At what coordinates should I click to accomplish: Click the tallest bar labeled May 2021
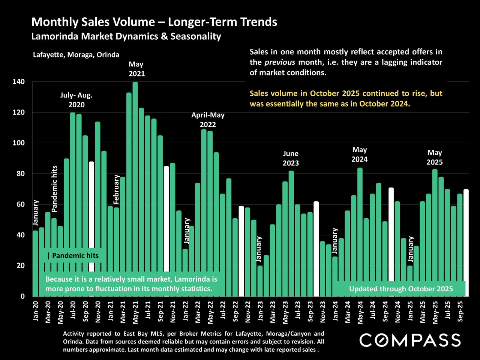tap(135, 187)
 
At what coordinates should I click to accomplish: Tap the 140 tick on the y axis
tap(20, 82)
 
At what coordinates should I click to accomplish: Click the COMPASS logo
tap(410, 340)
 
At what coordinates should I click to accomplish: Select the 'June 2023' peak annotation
tap(291, 158)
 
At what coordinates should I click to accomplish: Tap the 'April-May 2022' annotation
tap(208, 120)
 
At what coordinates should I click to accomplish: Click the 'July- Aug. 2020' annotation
tap(76, 100)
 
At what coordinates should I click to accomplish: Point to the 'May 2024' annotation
tap(360, 154)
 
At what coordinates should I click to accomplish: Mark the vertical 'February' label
tap(117, 189)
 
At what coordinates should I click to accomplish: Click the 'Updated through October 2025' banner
tap(401, 289)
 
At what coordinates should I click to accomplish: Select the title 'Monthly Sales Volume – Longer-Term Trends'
tap(154, 22)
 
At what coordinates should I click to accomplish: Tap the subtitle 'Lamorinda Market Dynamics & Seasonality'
tap(126, 36)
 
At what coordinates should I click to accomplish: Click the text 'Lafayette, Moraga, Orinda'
tap(76, 55)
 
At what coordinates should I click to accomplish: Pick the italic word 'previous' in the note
tap(282, 62)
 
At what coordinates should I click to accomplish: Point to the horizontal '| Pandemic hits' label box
tap(73, 256)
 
